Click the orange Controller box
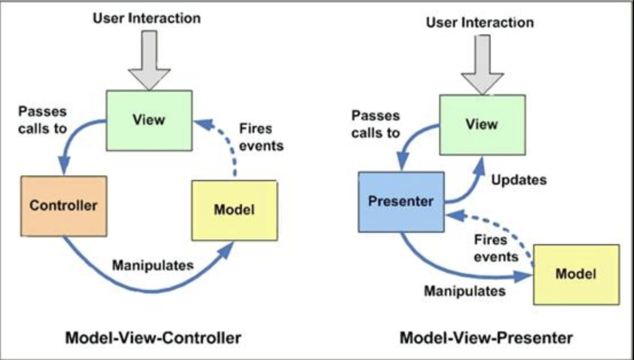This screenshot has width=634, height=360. point(64,206)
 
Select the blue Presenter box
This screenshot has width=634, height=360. point(401,202)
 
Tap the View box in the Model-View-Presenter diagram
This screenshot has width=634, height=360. point(482,124)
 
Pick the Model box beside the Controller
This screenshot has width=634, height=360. point(234,210)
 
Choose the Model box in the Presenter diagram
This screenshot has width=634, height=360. point(576,274)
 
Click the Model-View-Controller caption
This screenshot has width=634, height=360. point(153,337)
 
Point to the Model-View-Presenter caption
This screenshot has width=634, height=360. point(486,337)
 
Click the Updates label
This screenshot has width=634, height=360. point(519,179)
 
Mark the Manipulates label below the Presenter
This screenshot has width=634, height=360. point(465,291)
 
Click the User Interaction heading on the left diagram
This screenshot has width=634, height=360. point(147,18)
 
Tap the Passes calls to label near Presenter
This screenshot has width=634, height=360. point(375,124)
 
